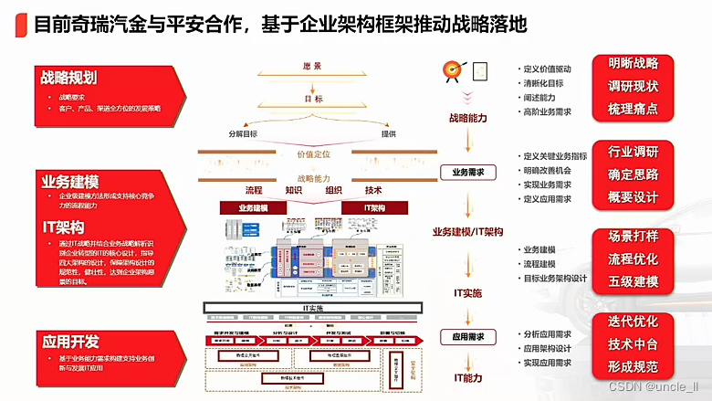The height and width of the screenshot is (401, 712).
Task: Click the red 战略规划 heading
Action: [x=68, y=78]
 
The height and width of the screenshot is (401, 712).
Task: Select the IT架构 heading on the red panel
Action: [x=63, y=227]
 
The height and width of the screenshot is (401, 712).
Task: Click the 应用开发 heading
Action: [x=68, y=343]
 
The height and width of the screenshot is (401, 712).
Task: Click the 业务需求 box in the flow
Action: [x=468, y=172]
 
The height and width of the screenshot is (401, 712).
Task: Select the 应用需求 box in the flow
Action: [x=468, y=336]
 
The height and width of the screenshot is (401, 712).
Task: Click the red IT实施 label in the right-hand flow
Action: [x=468, y=292]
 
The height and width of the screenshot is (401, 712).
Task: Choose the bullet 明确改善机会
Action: [x=550, y=170]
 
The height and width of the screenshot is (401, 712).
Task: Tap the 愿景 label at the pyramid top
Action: [x=311, y=67]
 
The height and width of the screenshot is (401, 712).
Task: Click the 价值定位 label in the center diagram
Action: [x=311, y=155]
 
